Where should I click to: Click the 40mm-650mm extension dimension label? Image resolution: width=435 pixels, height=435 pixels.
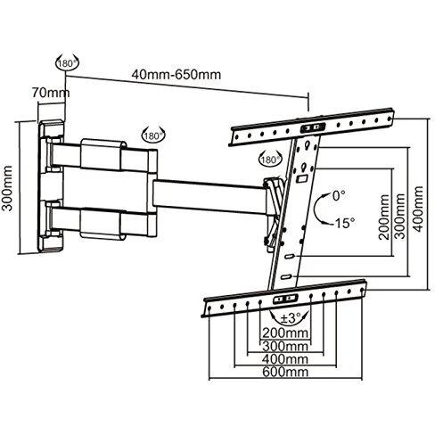[176, 74]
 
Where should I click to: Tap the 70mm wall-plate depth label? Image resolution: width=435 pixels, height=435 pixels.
[51, 93]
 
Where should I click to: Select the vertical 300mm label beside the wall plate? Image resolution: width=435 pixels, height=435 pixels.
[7, 188]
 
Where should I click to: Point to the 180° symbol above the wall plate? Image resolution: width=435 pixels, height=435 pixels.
[67, 63]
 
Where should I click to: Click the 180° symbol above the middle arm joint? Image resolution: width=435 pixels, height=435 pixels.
[153, 135]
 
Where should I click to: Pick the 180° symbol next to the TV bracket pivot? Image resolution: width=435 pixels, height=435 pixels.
[270, 160]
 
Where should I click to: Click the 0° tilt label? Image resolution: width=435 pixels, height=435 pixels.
[339, 195]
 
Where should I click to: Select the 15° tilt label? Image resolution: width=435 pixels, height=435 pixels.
[344, 223]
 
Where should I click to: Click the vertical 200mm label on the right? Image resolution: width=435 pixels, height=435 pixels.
[384, 217]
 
